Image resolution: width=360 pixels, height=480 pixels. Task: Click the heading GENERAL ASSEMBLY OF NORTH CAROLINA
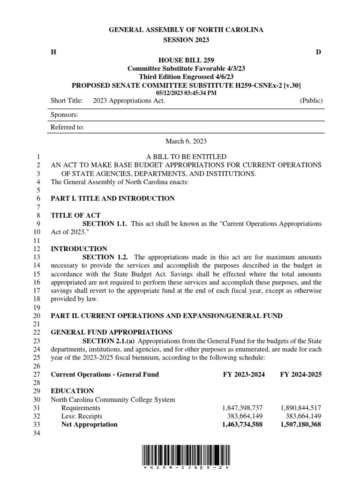click(186, 30)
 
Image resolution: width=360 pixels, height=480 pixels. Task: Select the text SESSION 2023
click(186, 40)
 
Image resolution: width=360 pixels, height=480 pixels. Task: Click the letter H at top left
click(53, 52)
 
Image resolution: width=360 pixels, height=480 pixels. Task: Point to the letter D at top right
click(318, 52)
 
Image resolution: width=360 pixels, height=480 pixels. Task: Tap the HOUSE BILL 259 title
click(186, 60)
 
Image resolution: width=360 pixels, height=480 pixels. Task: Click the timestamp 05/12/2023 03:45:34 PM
click(186, 93)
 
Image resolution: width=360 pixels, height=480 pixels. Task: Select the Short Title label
click(67, 101)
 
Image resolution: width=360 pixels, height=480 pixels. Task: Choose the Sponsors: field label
click(64, 114)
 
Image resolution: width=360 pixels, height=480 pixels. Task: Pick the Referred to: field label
click(67, 127)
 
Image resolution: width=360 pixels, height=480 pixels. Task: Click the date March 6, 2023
click(186, 141)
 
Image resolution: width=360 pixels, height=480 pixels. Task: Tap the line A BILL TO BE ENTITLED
click(186, 156)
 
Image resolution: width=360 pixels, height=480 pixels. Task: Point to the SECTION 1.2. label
click(106, 257)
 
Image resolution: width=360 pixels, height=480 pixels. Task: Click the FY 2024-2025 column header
click(300, 374)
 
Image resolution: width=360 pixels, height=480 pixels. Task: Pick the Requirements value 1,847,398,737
click(242, 408)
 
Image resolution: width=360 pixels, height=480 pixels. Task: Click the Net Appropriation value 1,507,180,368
click(300, 425)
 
